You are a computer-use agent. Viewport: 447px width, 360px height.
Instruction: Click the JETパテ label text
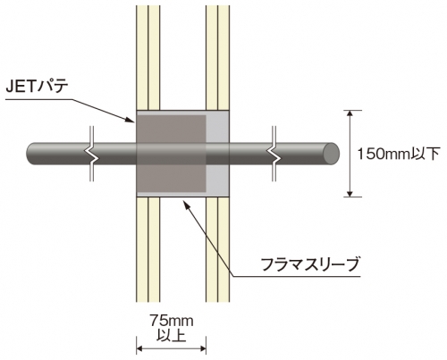(38, 87)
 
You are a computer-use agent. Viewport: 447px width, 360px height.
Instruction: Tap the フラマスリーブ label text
(309, 264)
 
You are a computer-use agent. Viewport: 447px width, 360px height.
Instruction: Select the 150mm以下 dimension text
(399, 155)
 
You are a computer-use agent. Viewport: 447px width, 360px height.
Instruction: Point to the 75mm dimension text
(171, 321)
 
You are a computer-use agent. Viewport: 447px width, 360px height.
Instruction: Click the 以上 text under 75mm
(171, 335)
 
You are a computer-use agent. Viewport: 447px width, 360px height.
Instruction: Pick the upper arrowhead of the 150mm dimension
(350, 113)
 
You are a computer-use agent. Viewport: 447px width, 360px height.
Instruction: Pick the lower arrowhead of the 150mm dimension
(350, 193)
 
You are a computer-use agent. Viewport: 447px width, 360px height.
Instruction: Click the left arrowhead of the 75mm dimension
(140, 348)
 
